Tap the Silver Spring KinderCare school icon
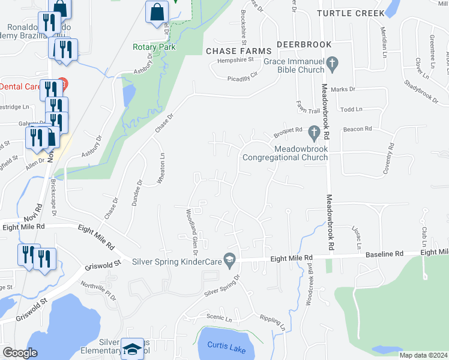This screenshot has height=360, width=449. coord(228,259)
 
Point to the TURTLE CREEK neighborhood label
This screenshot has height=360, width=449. coord(351,13)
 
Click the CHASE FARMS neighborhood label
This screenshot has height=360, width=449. coord(235,52)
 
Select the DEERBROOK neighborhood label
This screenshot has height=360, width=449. coord(300,45)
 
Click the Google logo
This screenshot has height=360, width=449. coord(20,353)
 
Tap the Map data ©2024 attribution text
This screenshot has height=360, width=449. coord(423,355)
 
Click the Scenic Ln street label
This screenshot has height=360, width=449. coord(218,317)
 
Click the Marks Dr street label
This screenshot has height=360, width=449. coord(343,89)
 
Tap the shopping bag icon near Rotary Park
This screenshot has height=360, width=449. coord(157,11)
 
